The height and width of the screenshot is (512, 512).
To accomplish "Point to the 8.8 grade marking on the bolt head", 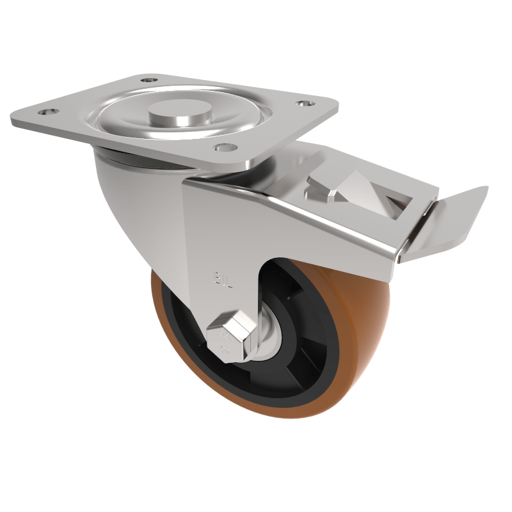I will (x=225, y=334).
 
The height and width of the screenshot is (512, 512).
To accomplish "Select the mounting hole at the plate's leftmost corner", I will (x=45, y=112).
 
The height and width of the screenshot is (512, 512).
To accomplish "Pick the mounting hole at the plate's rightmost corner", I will (x=303, y=103).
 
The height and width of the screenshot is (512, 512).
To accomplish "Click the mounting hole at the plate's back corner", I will (x=148, y=81).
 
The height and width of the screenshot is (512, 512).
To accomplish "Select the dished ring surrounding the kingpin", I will (x=128, y=122).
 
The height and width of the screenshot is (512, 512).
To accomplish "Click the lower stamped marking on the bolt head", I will (x=224, y=349).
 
